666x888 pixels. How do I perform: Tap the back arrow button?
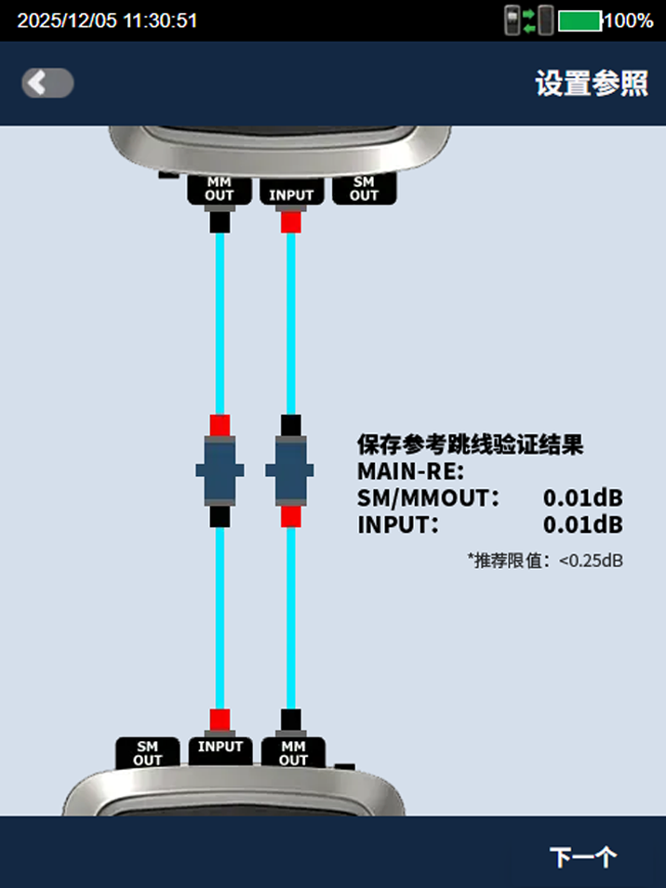coord(47,84)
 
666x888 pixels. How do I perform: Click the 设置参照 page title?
coord(592,84)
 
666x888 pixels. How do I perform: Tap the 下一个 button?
coord(583,856)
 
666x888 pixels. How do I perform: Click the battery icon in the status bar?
coord(579,20)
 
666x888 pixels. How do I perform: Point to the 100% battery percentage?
coord(628,20)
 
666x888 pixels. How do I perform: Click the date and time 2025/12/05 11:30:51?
coord(107,20)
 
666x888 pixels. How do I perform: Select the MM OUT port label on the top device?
coord(219,189)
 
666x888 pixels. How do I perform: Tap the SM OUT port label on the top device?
coord(364,189)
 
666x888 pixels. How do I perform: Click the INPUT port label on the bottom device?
coord(220,747)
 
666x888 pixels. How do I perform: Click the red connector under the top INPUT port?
coord(291,222)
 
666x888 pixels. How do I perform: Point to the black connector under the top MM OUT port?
coord(220,222)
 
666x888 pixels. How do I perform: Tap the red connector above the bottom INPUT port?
coord(220,719)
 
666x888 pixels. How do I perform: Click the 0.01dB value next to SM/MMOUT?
coord(582,497)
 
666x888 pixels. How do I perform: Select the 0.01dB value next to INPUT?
coord(582,524)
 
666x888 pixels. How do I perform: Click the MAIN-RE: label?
coord(410,471)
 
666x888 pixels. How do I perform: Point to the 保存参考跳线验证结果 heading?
coord(470,444)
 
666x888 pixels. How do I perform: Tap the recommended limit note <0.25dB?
coord(545,561)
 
